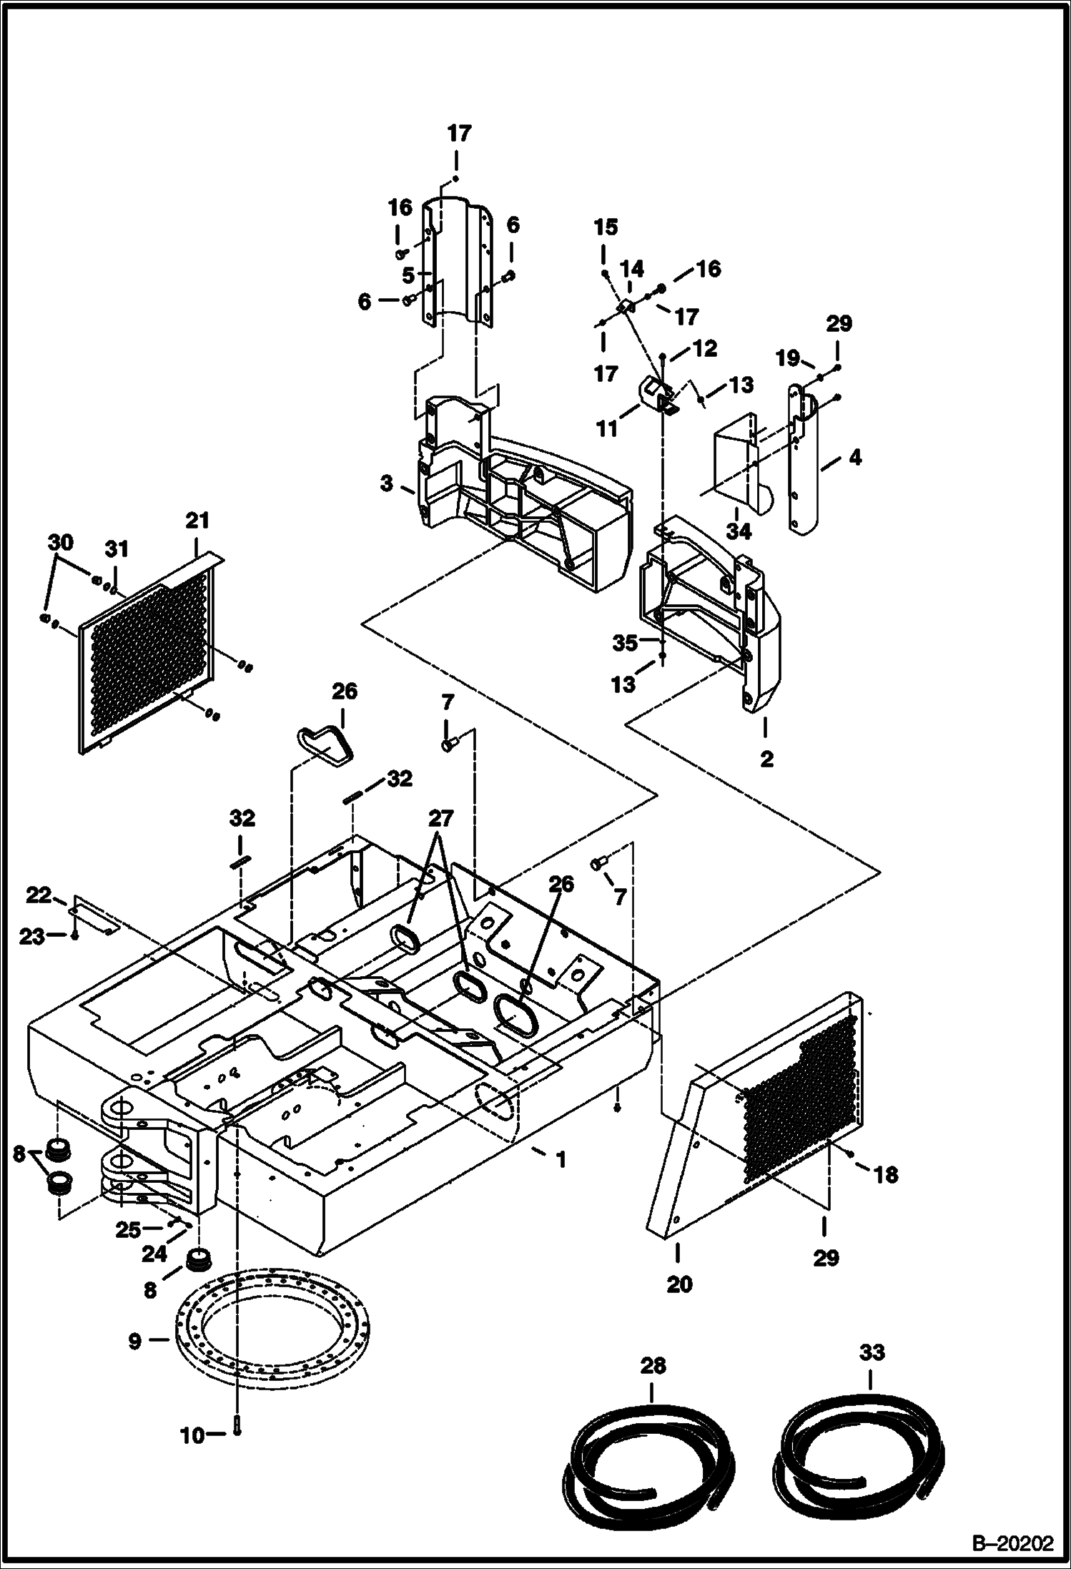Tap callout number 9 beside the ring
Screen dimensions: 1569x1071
point(134,1342)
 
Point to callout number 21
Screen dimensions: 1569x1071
point(197,521)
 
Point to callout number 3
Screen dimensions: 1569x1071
point(387,484)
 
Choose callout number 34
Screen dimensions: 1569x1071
point(739,531)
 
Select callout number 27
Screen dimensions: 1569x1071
point(442,817)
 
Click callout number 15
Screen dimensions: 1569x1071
point(605,227)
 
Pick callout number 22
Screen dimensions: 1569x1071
point(39,895)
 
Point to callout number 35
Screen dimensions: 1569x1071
point(625,643)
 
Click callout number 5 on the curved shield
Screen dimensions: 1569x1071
point(408,274)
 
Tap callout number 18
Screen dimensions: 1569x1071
point(887,1175)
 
